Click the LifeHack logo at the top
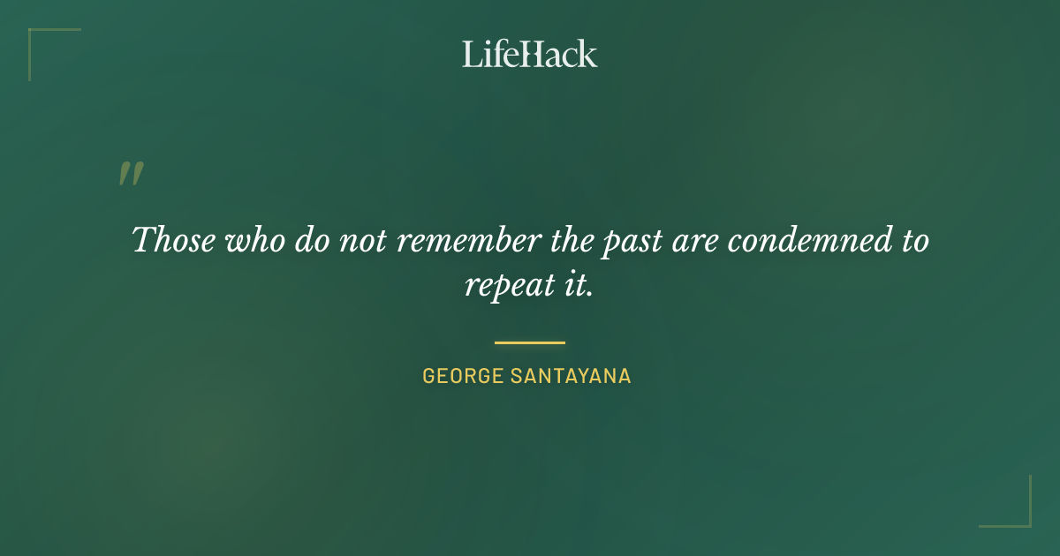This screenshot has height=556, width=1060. (x=530, y=54)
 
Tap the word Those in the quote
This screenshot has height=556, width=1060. (x=172, y=239)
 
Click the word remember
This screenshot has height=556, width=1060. (x=458, y=239)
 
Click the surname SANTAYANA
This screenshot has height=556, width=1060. (x=571, y=376)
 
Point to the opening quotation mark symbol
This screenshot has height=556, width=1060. (x=131, y=174)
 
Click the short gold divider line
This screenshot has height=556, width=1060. (x=530, y=342)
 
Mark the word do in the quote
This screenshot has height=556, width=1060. (x=311, y=239)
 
